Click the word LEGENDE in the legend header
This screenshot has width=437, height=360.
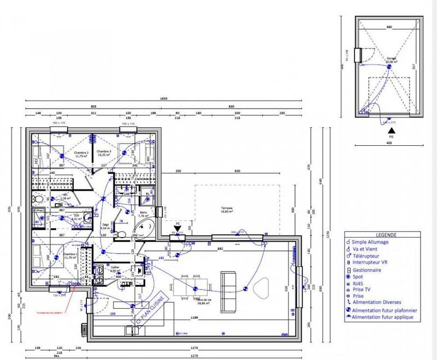386,234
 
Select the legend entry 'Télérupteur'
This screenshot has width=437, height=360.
371,255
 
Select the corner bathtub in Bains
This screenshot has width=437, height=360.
144,229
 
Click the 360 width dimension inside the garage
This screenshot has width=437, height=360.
389,27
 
